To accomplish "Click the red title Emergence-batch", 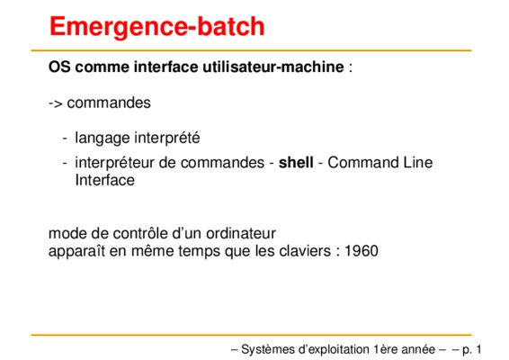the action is (x=157, y=27).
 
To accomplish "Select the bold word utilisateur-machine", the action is (x=273, y=67).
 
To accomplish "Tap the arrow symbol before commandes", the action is (x=56, y=103).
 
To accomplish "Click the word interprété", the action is (x=167, y=138).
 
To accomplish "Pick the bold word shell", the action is (x=296, y=163).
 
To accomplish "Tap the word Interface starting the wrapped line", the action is (x=105, y=180).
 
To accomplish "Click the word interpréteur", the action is (x=114, y=164).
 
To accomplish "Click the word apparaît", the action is (x=76, y=252).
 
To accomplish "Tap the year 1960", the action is (x=362, y=251).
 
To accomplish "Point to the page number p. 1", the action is (x=471, y=350).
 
